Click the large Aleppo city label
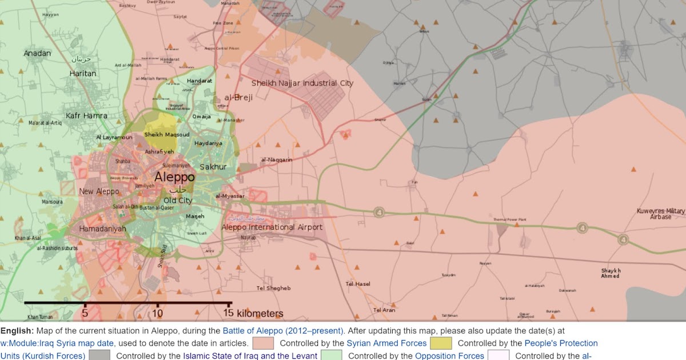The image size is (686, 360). point(174,177)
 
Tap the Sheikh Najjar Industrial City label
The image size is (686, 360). point(302,83)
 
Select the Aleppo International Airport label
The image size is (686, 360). point(272,227)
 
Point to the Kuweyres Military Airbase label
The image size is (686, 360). point(660,214)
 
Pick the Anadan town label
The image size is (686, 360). point(37,53)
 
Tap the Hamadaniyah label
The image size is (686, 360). point(103,229)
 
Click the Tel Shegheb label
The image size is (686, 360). point(273,288)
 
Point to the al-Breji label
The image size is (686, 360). point(238,98)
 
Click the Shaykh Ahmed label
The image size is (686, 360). point(611,273)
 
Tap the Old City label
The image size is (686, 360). point(178,201)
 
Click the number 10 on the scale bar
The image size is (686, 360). point(157,313)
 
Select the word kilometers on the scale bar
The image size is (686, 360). point(260,313)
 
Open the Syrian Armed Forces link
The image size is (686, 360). point(386,343)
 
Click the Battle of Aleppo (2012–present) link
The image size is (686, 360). point(283,330)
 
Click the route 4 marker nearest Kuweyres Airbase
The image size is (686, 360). point(623,239)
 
